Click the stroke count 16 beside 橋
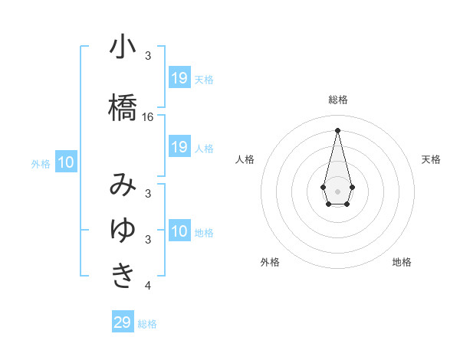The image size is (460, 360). (x=148, y=116)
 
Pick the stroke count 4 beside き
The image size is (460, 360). (x=148, y=286)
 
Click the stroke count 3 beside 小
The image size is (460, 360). (x=148, y=56)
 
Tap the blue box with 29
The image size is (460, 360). (x=123, y=322)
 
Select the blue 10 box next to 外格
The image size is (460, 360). (x=66, y=162)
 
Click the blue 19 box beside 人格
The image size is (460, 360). (x=179, y=147)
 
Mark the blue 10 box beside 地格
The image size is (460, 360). (x=179, y=231)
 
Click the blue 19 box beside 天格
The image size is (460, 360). (x=179, y=78)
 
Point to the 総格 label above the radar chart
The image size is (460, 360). (x=337, y=100)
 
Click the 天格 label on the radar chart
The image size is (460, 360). (x=431, y=159)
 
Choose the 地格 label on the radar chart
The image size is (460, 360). (x=402, y=262)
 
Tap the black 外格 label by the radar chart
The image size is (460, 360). (x=270, y=262)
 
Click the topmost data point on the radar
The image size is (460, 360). (x=337, y=129)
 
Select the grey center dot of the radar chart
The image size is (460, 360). (x=337, y=190)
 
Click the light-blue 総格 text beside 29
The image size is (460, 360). (x=147, y=324)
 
